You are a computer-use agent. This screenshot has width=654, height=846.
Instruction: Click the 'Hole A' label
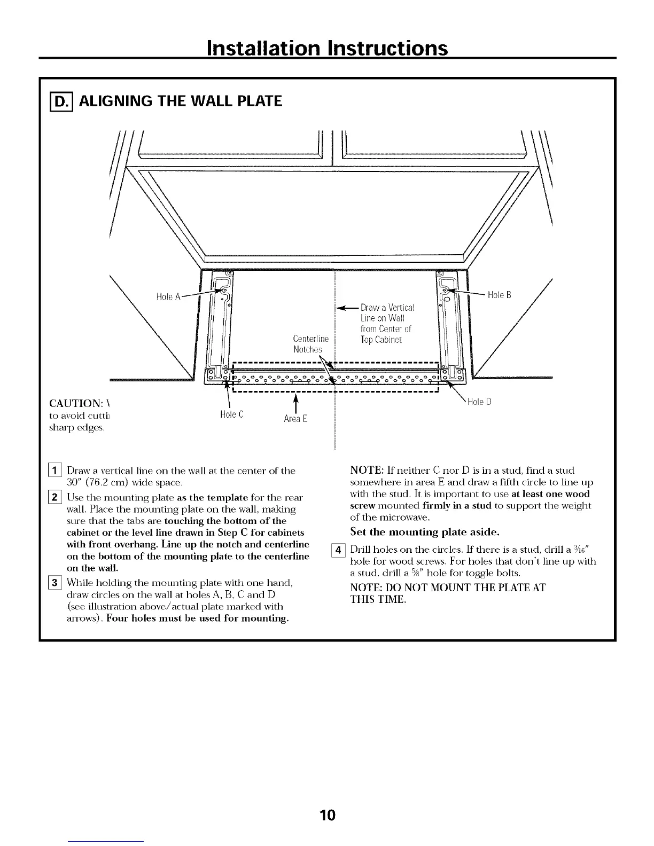168,297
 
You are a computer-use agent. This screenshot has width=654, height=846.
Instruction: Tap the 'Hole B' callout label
500,295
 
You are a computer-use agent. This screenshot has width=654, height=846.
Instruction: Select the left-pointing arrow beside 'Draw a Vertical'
346,308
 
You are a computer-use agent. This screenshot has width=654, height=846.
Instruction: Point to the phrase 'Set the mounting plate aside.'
425,532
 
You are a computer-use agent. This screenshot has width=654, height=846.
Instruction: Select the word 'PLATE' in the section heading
255,100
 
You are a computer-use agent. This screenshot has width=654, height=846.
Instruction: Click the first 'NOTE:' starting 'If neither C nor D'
364,471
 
